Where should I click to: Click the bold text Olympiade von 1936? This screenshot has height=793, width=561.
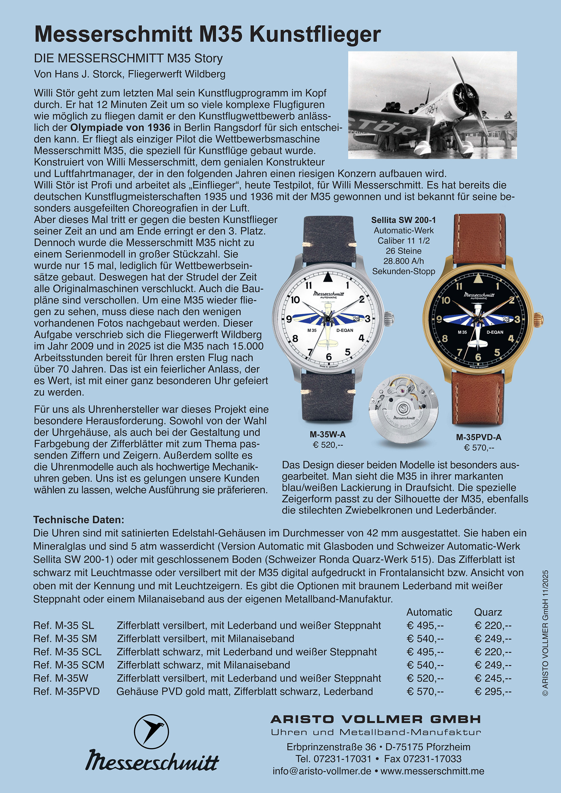point(120,128)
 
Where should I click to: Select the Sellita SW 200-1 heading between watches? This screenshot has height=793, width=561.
point(404,220)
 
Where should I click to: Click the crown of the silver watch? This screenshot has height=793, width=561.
point(390,316)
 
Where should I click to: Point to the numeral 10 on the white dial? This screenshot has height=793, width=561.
point(295,300)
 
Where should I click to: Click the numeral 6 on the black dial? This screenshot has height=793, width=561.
point(478,357)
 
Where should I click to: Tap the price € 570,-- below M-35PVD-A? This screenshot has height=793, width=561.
point(479,448)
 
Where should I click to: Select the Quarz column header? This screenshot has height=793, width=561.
point(488,612)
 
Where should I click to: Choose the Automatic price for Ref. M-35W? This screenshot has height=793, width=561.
point(425,678)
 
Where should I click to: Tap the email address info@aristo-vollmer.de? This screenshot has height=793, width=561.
point(322,771)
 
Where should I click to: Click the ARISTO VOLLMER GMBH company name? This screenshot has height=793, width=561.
point(376,720)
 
